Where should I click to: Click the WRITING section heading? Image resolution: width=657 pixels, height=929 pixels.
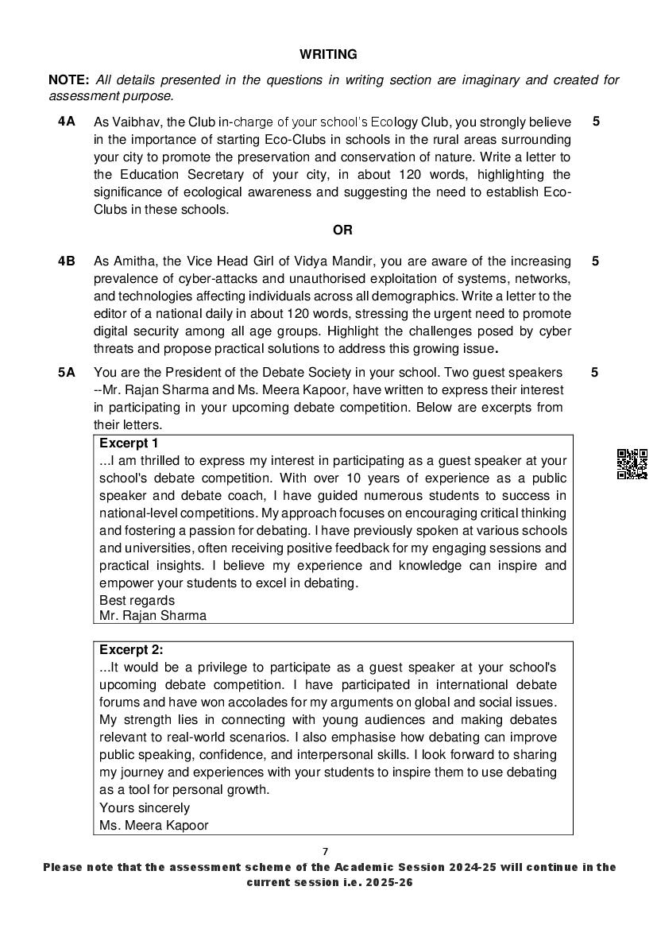(x=328, y=55)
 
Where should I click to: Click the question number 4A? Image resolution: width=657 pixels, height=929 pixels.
(x=66, y=122)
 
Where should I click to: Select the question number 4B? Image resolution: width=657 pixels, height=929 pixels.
(x=66, y=261)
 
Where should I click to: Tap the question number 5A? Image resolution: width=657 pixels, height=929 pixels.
(x=66, y=372)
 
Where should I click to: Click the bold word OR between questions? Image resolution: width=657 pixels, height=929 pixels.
(x=342, y=230)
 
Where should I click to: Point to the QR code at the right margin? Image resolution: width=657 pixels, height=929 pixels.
(x=632, y=464)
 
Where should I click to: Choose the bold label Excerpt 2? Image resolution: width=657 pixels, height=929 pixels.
(x=131, y=649)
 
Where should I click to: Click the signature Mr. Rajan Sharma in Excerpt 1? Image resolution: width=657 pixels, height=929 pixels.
(x=153, y=615)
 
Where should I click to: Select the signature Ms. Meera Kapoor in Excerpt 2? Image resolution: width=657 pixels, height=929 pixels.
(x=154, y=825)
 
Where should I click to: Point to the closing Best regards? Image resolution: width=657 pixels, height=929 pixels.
(x=137, y=600)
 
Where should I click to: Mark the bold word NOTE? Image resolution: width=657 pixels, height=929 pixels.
(x=70, y=80)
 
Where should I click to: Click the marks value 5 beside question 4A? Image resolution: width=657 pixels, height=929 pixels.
(x=596, y=122)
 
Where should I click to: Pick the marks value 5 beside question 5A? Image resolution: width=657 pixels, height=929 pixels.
(x=596, y=372)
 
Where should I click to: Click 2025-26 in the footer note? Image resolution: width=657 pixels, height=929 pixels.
(x=385, y=882)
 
